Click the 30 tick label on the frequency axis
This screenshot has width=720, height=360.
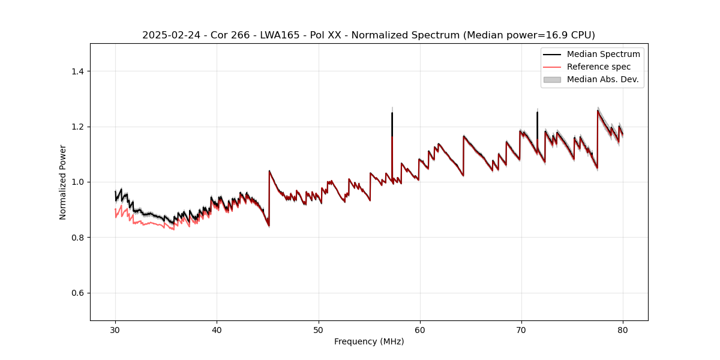pos(115,330)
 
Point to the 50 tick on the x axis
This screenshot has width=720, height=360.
pos(319,321)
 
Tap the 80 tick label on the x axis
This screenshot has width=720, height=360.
pos(623,330)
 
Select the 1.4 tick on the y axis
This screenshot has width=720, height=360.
pos(91,71)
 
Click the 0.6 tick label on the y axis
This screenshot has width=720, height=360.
pos(77,293)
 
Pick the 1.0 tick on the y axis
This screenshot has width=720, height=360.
pos(91,182)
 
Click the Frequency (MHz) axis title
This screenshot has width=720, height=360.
pos(369,341)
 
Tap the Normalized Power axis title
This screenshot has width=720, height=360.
pos(63,182)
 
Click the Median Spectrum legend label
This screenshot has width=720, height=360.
pos(603,54)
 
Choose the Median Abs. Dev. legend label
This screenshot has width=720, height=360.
pos(602,79)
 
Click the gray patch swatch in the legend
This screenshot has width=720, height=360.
pos(551,79)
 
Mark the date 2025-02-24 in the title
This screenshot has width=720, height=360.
pos(167,35)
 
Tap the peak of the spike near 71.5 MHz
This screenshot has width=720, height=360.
pos(537,112)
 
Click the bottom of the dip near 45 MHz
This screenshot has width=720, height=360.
pos(268,226)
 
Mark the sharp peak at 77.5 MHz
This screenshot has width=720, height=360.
pos(598,110)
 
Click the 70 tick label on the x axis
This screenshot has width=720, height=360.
pos(521,330)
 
